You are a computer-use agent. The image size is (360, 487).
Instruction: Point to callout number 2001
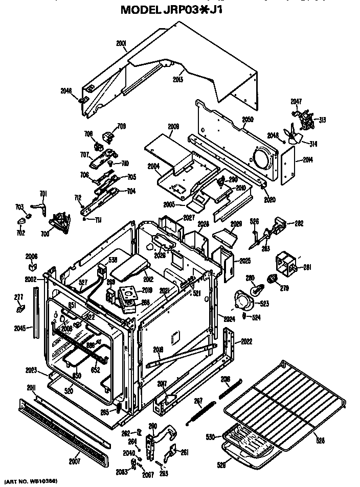[x=121, y=44]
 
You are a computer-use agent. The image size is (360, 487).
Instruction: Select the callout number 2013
[x=177, y=79]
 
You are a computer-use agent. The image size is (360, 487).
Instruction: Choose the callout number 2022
[x=246, y=341]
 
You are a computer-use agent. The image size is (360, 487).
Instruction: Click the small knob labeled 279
[x=273, y=279]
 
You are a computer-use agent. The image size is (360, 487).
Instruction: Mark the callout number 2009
[x=173, y=126]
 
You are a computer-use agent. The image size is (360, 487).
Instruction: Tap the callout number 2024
[x=229, y=318]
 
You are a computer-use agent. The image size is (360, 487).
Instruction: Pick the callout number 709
[x=121, y=126]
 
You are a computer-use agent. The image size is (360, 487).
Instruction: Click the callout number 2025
[x=245, y=261]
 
